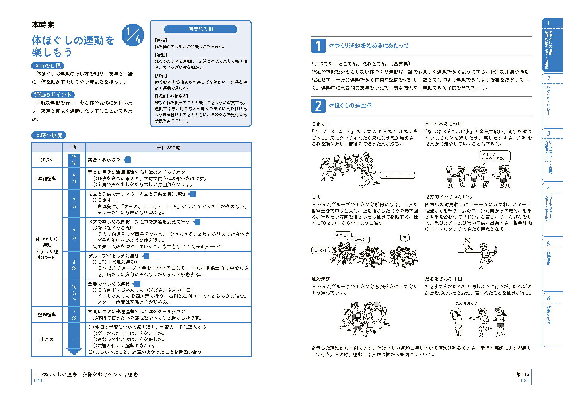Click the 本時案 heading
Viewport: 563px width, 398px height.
43,25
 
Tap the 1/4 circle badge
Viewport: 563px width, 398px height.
132,34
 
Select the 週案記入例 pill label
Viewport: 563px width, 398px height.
201,29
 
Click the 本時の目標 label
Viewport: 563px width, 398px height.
47,66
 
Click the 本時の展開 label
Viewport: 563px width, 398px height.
49,135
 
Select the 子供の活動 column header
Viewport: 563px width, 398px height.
168,147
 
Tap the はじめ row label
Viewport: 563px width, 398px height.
47,160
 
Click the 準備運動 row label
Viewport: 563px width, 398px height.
47,179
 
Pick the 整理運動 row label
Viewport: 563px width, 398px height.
47,314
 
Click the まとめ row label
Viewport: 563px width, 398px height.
47,339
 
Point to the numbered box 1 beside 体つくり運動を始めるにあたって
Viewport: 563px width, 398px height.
318,46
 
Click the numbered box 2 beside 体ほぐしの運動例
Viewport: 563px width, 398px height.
318,106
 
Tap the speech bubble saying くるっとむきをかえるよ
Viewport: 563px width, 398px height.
495,156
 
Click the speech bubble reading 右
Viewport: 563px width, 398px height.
405,238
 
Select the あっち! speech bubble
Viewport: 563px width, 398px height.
342,235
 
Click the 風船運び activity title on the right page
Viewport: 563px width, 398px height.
321,279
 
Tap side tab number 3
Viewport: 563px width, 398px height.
549,133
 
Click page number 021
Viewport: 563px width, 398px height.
525,381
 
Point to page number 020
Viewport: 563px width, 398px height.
38,381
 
